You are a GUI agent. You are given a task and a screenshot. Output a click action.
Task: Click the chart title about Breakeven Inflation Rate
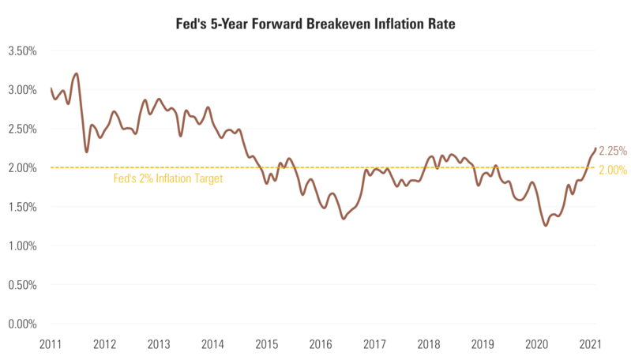pos(315,24)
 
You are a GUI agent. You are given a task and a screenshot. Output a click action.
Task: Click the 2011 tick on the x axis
pos(50,345)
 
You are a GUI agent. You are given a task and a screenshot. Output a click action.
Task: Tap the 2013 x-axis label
pos(159,345)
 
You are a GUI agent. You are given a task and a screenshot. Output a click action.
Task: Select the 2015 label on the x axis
pos(267,345)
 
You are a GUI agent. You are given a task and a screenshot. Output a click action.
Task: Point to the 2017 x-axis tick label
pos(375,345)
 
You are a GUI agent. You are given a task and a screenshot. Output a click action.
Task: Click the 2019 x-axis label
pos(483,345)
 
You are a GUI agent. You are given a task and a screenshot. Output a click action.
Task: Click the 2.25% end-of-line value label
pos(613,151)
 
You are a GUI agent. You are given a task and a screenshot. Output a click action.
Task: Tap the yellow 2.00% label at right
pos(613,169)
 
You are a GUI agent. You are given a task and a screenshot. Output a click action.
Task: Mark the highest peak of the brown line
pos(76,73)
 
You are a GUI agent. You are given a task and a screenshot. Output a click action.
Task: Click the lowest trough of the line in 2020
pos(546,226)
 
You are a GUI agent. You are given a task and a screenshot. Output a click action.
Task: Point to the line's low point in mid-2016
pos(344,218)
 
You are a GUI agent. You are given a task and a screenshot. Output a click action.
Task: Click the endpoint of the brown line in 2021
pos(595,148)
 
